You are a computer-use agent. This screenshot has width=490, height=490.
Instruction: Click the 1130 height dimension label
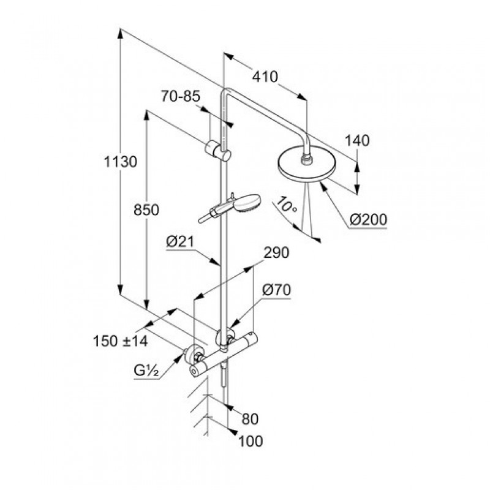pyautogui.click(x=120, y=162)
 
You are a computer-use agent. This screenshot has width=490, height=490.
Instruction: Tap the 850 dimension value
pyautogui.click(x=146, y=210)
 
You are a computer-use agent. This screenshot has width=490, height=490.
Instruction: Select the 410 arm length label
pyautogui.click(x=265, y=77)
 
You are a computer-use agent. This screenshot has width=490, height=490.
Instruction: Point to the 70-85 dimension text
pyautogui.click(x=181, y=96)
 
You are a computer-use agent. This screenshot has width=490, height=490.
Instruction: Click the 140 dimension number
pyautogui.click(x=357, y=141)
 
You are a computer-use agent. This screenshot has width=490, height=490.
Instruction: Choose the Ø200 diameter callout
pyautogui.click(x=368, y=219)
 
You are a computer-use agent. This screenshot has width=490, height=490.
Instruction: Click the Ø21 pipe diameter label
pyautogui.click(x=180, y=241)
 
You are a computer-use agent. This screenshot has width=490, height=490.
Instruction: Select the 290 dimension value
pyautogui.click(x=277, y=252)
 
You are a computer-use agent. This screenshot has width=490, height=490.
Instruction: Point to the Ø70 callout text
pyautogui.click(x=276, y=290)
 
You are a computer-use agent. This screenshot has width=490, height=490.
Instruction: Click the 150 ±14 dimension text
pyautogui.click(x=120, y=341)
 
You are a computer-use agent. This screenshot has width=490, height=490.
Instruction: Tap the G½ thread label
pyautogui.click(x=146, y=371)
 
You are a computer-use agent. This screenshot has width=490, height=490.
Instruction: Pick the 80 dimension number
pyautogui.click(x=251, y=419)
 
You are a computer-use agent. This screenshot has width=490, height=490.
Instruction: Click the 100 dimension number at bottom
pyautogui.click(x=251, y=442)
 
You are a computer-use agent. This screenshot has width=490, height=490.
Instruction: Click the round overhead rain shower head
pyautogui.click(x=306, y=165)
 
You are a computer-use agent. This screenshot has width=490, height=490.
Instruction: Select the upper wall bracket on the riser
pyautogui.click(x=218, y=151)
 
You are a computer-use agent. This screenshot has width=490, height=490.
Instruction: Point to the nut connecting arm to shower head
pyautogui.click(x=306, y=159)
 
